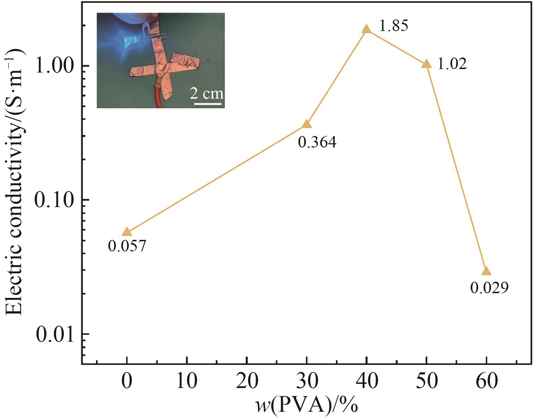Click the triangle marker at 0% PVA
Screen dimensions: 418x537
point(127,232)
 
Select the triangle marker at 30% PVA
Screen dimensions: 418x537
point(307,124)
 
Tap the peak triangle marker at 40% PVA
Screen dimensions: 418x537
point(366,29)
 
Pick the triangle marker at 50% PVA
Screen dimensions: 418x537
point(426,64)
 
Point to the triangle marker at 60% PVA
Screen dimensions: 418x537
point(486,272)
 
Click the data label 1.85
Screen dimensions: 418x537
point(393,26)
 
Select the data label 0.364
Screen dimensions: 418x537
point(317,142)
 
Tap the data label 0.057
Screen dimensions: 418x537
point(127,246)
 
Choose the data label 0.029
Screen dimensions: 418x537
point(489,288)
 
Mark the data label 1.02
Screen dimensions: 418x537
point(452,64)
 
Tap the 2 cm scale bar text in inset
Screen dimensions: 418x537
point(207,93)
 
